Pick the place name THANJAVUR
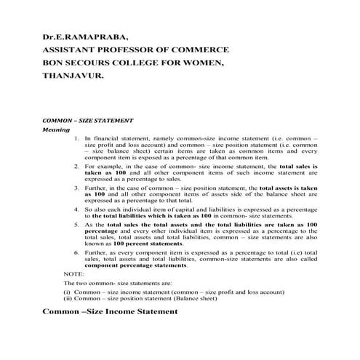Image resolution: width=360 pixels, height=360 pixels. [73, 75]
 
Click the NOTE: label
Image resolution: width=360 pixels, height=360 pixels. [74, 273]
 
